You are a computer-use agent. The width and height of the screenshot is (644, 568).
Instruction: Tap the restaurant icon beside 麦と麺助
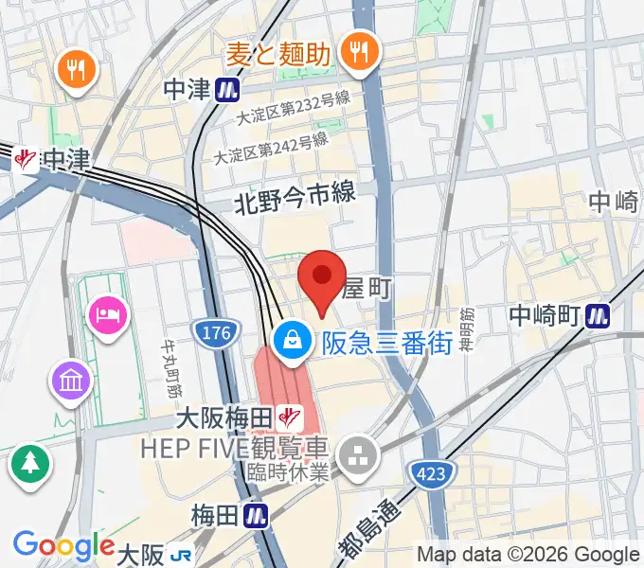pos(359,53)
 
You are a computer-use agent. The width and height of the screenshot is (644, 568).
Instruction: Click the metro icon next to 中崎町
pos(597,314)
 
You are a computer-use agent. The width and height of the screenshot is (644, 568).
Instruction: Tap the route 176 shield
pos(212,332)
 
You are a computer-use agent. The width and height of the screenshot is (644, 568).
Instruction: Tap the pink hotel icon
pos(106,313)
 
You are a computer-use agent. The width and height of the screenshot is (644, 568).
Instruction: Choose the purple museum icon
pos(73,382)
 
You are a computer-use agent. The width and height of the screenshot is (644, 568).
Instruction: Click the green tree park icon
pos(30,463)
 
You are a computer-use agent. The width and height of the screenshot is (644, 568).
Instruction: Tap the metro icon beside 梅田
pos(254,516)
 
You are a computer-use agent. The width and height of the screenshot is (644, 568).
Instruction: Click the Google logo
pos(63,546)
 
